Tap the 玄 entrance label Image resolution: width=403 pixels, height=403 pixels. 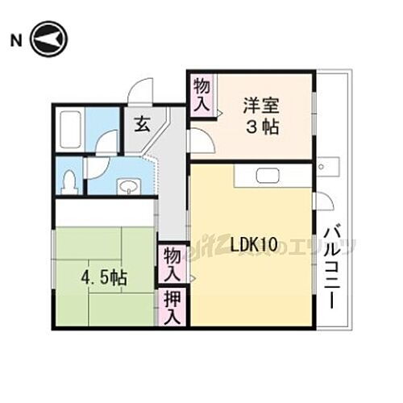click(142, 124)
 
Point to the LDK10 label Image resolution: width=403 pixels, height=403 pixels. click(256, 243)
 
